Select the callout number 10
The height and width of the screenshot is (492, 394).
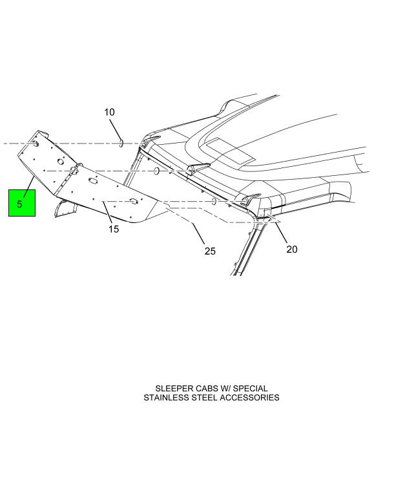point(109,112)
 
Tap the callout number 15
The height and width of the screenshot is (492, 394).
point(114,229)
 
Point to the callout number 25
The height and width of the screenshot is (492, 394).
point(210,251)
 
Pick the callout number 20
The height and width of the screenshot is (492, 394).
point(291,250)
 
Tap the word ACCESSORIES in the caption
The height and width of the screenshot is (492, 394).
point(249,398)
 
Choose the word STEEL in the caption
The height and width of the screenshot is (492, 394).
point(204,398)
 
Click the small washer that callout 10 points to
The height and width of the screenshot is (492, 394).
point(121,144)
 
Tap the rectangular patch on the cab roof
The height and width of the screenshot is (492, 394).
point(230,151)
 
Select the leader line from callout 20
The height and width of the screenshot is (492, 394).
point(281,232)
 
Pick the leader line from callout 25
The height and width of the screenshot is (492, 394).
point(198,233)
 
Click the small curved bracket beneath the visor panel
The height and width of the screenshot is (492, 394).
point(66,209)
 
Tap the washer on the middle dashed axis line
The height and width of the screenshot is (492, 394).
point(156,171)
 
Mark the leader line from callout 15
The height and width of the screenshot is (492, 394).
point(107,213)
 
